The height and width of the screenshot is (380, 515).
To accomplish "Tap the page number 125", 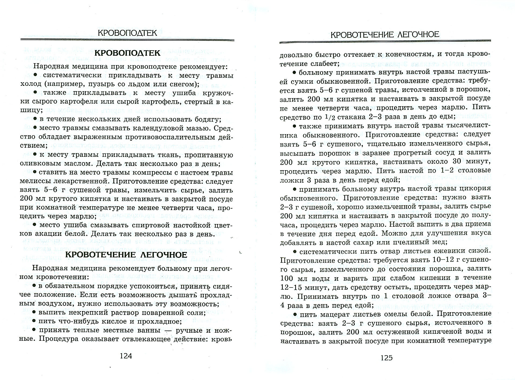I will pos(386,358).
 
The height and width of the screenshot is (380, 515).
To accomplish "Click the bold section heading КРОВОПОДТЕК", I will pos(127,53).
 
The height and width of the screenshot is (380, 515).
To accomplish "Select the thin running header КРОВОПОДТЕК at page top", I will pos(127,33).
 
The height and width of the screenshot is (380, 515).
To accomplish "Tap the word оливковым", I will pos(40,164).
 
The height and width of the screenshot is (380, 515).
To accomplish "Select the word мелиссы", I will pos(35,181).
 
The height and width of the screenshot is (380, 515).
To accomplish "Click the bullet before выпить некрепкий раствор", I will pos(34,312).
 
